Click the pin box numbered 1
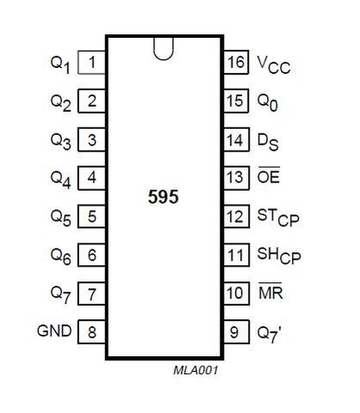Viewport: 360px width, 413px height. point(92,63)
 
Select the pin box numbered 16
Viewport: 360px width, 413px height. point(236,62)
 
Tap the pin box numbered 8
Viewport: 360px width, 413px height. point(92,332)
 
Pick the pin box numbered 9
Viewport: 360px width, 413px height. point(236,332)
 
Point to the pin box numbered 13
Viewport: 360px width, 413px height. point(236,178)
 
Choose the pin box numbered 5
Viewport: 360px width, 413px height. point(92,216)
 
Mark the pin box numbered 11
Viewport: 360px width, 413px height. point(236,255)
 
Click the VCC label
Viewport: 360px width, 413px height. point(274,65)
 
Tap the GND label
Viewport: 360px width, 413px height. point(54,330)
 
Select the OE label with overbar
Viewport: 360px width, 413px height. point(269,176)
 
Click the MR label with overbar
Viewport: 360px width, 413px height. point(270,292)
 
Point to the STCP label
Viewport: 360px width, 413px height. point(278,218)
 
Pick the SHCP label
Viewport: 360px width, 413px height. point(279,256)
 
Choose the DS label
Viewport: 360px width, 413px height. point(268,143)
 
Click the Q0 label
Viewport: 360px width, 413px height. point(268,103)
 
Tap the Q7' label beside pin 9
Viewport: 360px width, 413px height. point(269,335)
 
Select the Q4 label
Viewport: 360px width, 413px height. point(60,180)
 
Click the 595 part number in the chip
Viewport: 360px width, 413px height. point(163,197)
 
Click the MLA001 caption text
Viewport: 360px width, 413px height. point(196,370)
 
